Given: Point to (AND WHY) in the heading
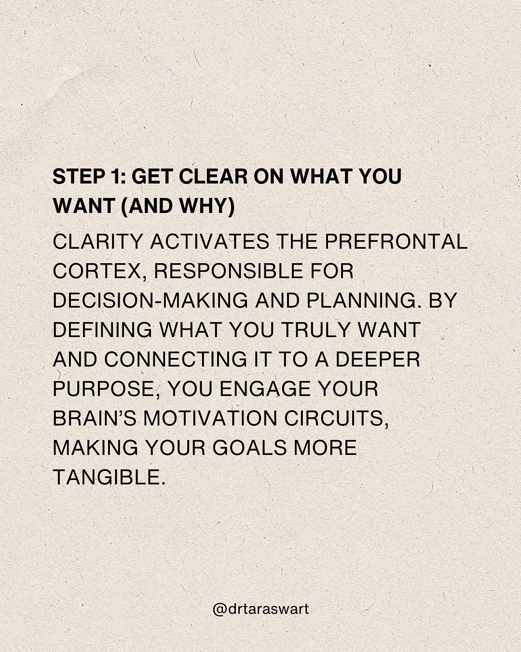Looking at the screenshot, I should click(x=177, y=206).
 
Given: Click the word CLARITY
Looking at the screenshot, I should click(x=98, y=241).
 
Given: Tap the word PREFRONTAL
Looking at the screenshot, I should click(x=396, y=241).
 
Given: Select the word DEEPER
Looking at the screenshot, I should click(x=378, y=359).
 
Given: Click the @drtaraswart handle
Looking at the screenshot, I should click(x=260, y=609).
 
